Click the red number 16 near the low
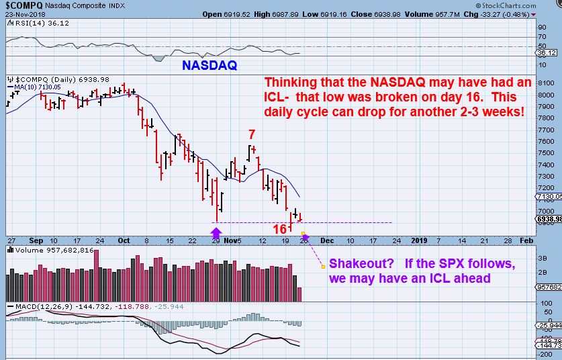[280, 230]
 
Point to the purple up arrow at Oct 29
[216, 234]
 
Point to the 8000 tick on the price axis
[545, 95]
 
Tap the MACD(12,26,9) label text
[37, 308]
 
